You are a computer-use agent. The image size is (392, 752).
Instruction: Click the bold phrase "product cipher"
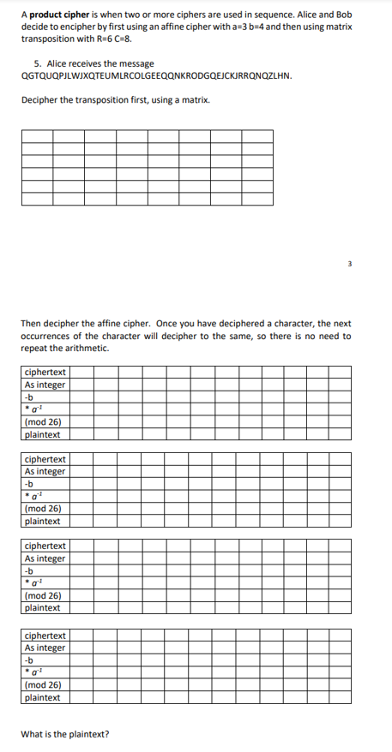point(58,15)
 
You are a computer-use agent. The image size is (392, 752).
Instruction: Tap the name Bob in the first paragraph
point(343,15)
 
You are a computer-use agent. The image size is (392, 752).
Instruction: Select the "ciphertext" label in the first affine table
point(45,372)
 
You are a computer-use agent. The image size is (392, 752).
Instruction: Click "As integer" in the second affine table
point(45,471)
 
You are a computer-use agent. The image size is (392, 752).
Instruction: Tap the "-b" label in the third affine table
point(29,570)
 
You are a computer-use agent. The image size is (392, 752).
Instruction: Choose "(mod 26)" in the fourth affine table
point(43,684)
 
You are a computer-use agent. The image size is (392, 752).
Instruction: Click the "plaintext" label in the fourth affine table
point(43,697)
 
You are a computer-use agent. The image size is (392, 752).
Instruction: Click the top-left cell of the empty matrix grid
point(37,136)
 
